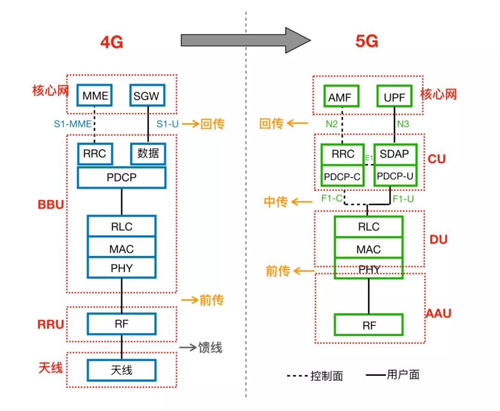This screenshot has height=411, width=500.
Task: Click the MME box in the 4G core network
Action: pos(95,96)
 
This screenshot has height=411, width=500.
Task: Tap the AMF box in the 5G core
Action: pos(342,97)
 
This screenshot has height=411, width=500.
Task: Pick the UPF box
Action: pos(394,97)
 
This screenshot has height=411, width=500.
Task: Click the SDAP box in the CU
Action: pos(394,154)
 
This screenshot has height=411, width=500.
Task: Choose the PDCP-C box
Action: pos(342,176)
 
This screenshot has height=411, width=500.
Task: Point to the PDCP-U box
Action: pos(394,176)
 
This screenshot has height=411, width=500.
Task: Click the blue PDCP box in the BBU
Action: pos(121,178)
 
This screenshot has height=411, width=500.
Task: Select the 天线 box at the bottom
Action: pos(121,370)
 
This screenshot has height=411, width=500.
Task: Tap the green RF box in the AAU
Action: pos(369,325)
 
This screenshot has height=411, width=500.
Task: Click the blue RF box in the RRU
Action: pos(121,324)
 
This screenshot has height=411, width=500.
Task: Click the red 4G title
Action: pos(112,43)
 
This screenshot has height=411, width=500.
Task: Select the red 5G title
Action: pos(367,42)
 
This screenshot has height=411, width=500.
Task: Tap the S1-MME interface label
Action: pos(73,124)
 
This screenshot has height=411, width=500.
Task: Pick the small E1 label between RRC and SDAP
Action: pos(369,158)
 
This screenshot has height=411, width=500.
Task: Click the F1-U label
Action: pos(403,199)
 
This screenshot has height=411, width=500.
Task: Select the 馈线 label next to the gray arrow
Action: pos(210,347)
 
